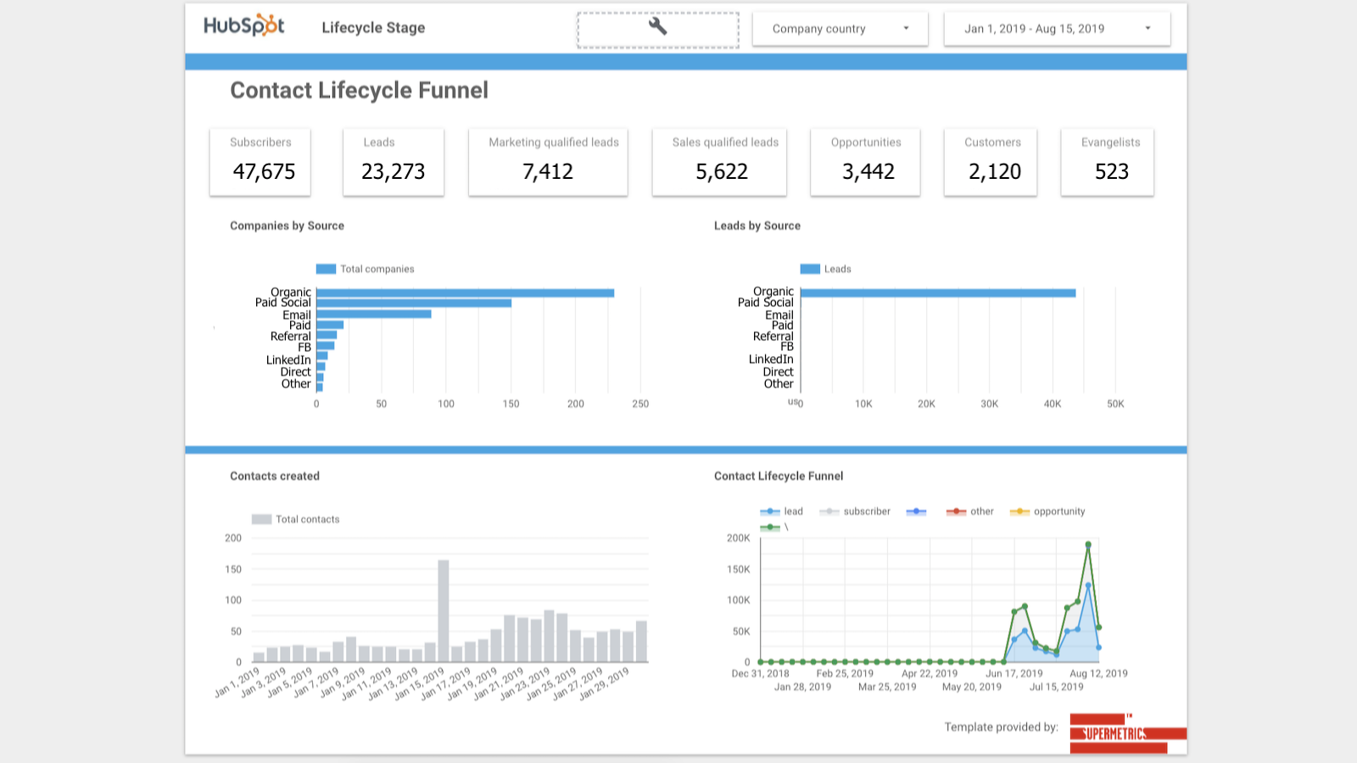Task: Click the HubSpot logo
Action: coord(244,25)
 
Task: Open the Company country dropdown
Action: coord(840,29)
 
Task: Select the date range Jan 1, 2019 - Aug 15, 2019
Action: coord(1056,29)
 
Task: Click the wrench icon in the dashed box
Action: coord(657,26)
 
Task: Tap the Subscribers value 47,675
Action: coord(264,172)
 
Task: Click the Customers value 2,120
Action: coord(994,172)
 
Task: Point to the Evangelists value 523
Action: coord(1111,172)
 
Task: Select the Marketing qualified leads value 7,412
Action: coord(548,172)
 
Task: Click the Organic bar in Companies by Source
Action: coord(465,292)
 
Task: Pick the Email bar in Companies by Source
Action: coord(373,314)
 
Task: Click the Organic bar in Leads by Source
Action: coord(937,292)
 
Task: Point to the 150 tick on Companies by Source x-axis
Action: coord(511,404)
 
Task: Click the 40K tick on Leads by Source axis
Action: coord(1052,404)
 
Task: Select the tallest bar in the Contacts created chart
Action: coord(443,610)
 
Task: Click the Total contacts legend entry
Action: coord(296,520)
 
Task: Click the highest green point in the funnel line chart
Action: coord(1088,545)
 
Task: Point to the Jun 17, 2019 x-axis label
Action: coord(1014,674)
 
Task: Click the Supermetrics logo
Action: coord(1120,733)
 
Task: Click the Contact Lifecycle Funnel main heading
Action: coord(359,91)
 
